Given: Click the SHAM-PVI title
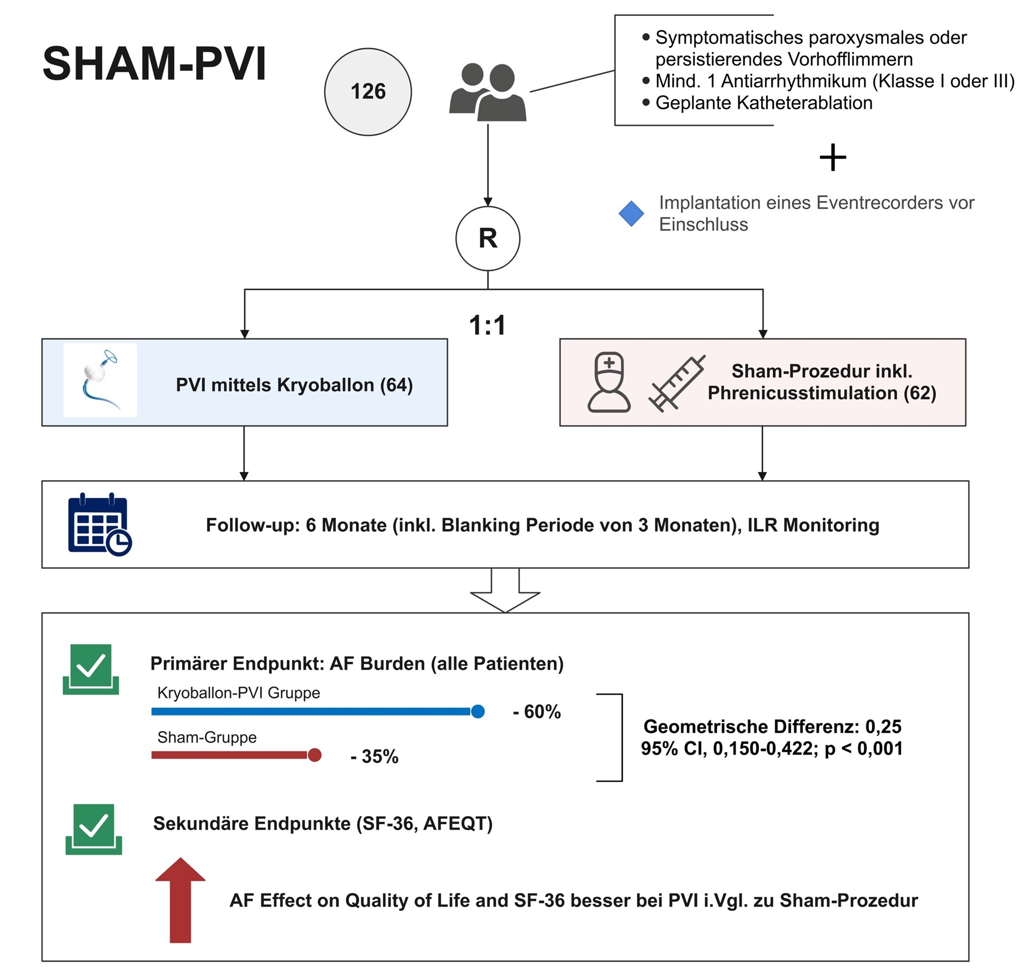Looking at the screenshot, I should [x=154, y=64].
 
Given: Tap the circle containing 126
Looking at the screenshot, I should [x=368, y=92].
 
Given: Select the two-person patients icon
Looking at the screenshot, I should [x=488, y=92].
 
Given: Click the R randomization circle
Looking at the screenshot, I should [x=488, y=238].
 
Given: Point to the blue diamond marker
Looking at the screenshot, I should [x=631, y=214].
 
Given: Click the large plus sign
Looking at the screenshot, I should [x=832, y=157].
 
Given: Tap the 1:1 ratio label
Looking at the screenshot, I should [x=487, y=326].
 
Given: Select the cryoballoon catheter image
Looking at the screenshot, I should [x=100, y=380].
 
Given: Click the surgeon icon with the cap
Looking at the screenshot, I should [x=608, y=382].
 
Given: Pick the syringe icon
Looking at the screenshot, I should [x=676, y=383].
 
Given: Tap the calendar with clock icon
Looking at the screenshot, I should [x=100, y=524].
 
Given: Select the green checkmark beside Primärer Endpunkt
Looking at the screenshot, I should [x=91, y=669].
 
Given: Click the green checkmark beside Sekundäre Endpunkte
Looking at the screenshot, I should [x=93, y=829].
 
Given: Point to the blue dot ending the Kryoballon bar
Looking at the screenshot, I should [x=478, y=712].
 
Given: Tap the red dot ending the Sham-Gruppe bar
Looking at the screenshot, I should [x=314, y=755].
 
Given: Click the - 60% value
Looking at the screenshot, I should [x=536, y=712].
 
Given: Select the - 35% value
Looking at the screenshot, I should [x=374, y=757].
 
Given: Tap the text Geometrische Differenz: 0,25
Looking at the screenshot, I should [x=772, y=726].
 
